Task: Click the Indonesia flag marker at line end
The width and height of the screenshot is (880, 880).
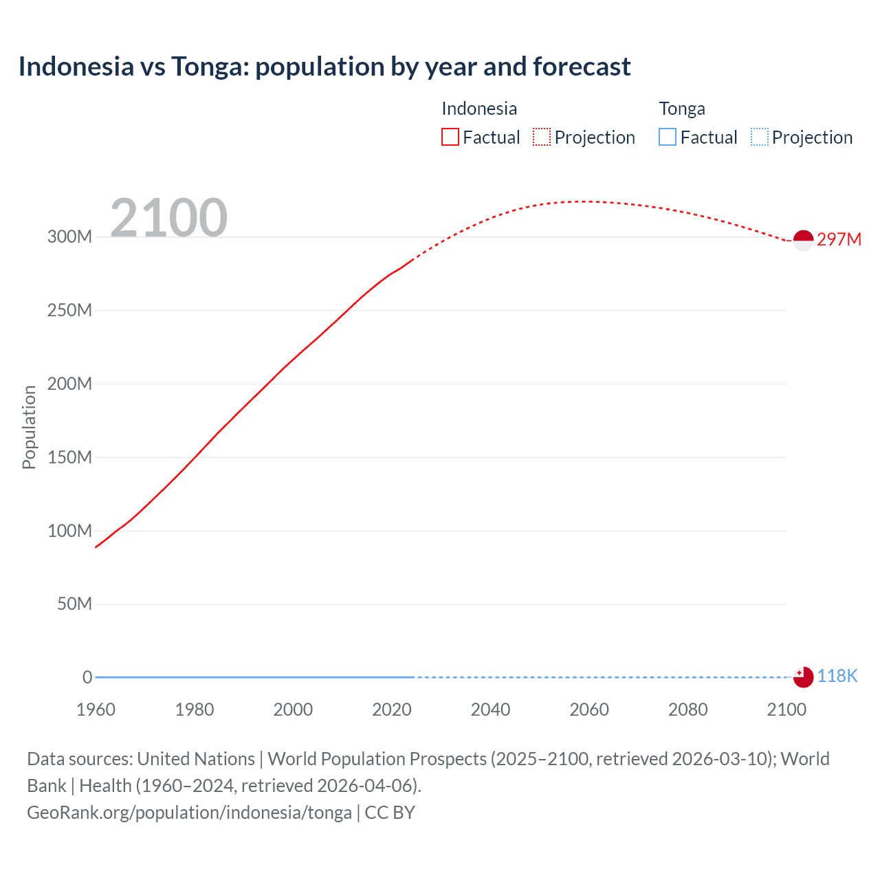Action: point(803,240)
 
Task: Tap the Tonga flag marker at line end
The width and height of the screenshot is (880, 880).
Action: point(803,676)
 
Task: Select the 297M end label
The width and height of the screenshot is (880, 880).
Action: point(839,239)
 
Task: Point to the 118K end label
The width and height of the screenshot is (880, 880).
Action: point(837,676)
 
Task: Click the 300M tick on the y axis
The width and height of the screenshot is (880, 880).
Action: point(69,237)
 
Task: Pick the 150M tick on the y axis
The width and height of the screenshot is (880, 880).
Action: point(69,457)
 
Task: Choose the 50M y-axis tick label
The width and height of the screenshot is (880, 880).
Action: point(74,604)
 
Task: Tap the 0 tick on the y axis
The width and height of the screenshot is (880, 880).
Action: point(87,677)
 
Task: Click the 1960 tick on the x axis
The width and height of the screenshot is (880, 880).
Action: point(96,709)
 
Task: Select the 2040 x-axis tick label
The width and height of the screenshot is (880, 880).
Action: point(490,709)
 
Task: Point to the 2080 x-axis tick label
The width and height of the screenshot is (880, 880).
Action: point(687,709)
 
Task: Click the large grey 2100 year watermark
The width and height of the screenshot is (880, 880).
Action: point(168,218)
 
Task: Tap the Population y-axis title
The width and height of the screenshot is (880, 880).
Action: point(29,427)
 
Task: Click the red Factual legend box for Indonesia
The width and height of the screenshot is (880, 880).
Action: point(450,137)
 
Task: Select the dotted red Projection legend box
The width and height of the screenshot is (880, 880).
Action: point(542,137)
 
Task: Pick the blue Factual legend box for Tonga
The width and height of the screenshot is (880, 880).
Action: point(668,137)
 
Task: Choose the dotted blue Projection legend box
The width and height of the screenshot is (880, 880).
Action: point(760,137)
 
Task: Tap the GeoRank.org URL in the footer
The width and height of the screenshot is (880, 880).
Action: point(189,813)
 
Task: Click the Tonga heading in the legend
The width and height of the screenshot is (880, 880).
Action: point(682,109)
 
